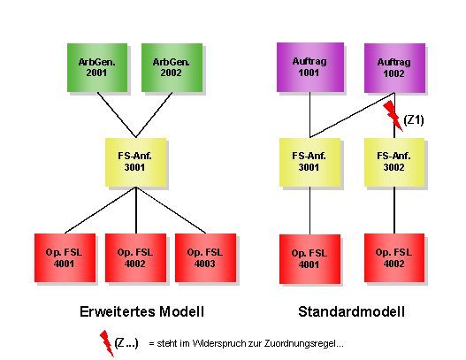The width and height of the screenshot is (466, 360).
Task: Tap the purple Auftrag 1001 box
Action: [x=309, y=66]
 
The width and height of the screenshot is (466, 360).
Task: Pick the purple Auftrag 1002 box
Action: [x=393, y=66]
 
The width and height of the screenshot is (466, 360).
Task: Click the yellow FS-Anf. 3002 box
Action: [x=393, y=161]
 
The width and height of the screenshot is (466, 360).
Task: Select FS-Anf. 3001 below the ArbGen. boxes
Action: [x=135, y=161]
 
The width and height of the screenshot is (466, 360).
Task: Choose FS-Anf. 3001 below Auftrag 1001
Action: [x=309, y=161]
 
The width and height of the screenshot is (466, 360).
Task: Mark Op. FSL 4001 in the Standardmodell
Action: [x=309, y=258]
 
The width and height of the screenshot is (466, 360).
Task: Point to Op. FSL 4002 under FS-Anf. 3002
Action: [x=393, y=257]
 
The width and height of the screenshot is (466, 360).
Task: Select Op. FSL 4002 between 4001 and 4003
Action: [x=134, y=257]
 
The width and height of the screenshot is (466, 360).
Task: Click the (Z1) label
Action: [x=414, y=120]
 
